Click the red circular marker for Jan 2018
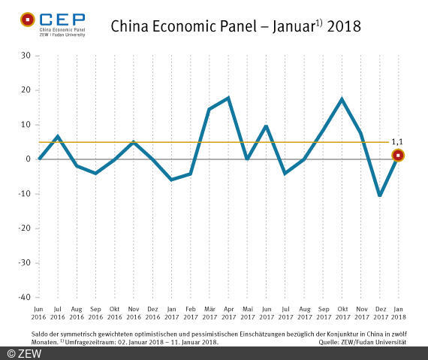[x=398, y=156]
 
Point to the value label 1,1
[x=398, y=141]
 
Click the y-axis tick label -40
[x=24, y=297]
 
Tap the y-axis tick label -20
[x=24, y=228]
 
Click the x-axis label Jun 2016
[x=38, y=312]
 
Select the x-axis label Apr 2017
[x=228, y=312]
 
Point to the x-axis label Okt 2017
[x=342, y=312]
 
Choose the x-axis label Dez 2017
[x=380, y=312]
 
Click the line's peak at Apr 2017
[x=228, y=98]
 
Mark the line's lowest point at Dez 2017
[x=380, y=195]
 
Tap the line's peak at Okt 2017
[x=342, y=99]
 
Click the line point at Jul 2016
[x=58, y=136]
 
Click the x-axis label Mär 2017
[x=209, y=312]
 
